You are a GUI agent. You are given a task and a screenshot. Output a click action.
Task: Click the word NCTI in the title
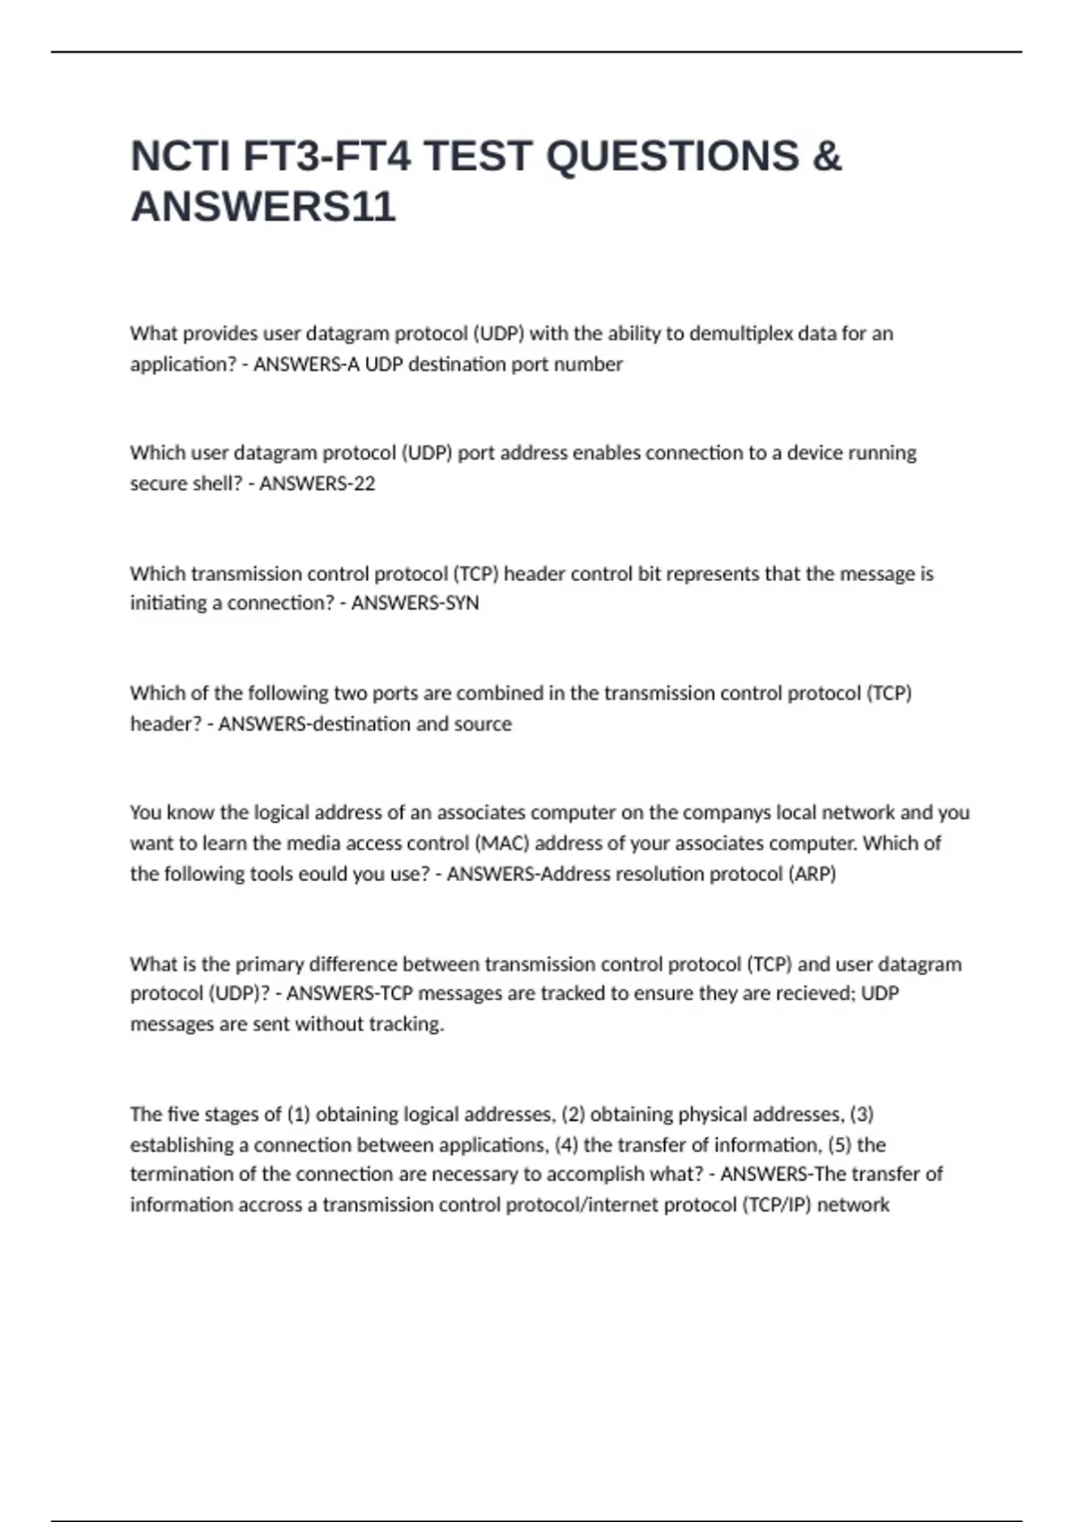[180, 157]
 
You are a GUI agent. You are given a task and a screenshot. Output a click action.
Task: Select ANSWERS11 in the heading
[263, 208]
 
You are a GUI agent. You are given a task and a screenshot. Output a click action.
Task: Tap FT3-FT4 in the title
[328, 157]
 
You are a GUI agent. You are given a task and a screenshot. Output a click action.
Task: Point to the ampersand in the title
[827, 157]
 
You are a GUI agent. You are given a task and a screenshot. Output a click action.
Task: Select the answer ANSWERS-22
[317, 483]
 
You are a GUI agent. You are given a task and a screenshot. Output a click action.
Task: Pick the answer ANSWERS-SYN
[415, 603]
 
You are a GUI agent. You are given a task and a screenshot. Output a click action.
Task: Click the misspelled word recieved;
[811, 994]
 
